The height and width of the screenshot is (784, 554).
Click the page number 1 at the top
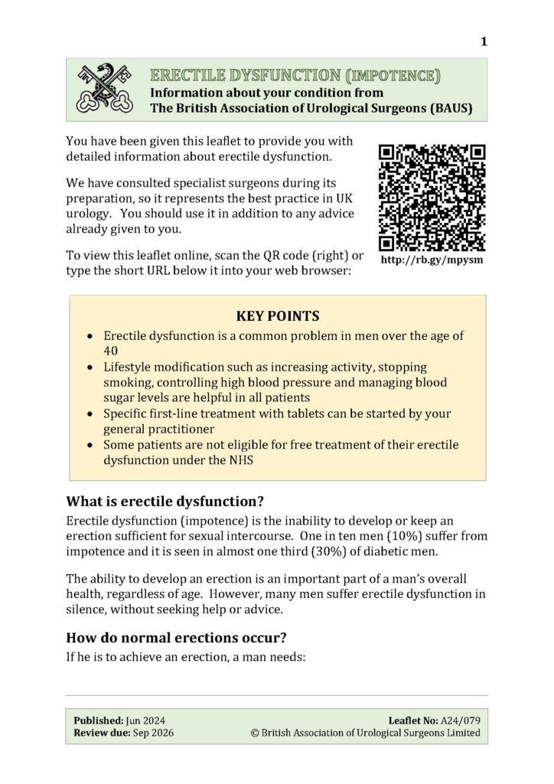click(x=484, y=41)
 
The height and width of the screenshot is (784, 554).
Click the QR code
click(x=432, y=197)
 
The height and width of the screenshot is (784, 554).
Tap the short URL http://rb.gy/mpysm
click(x=432, y=260)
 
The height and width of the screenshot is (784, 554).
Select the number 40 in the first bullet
click(x=111, y=350)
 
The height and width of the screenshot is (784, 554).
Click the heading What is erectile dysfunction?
click(x=165, y=502)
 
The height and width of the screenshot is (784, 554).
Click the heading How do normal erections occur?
click(x=181, y=637)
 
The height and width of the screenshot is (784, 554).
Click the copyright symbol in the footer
click(x=255, y=733)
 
